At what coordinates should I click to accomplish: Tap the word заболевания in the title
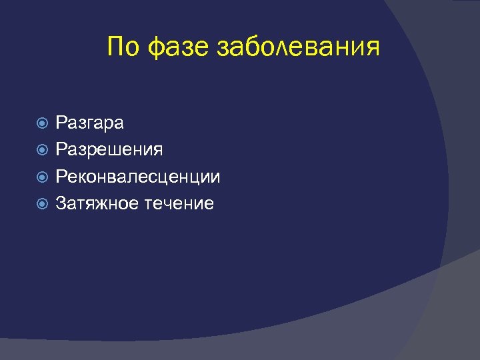tap(298, 48)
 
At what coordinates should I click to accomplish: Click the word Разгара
tap(89, 123)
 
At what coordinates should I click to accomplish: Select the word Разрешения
tap(109, 150)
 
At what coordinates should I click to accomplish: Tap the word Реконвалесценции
tap(138, 177)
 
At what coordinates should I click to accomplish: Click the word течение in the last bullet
tap(179, 204)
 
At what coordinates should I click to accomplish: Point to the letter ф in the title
tap(153, 49)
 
